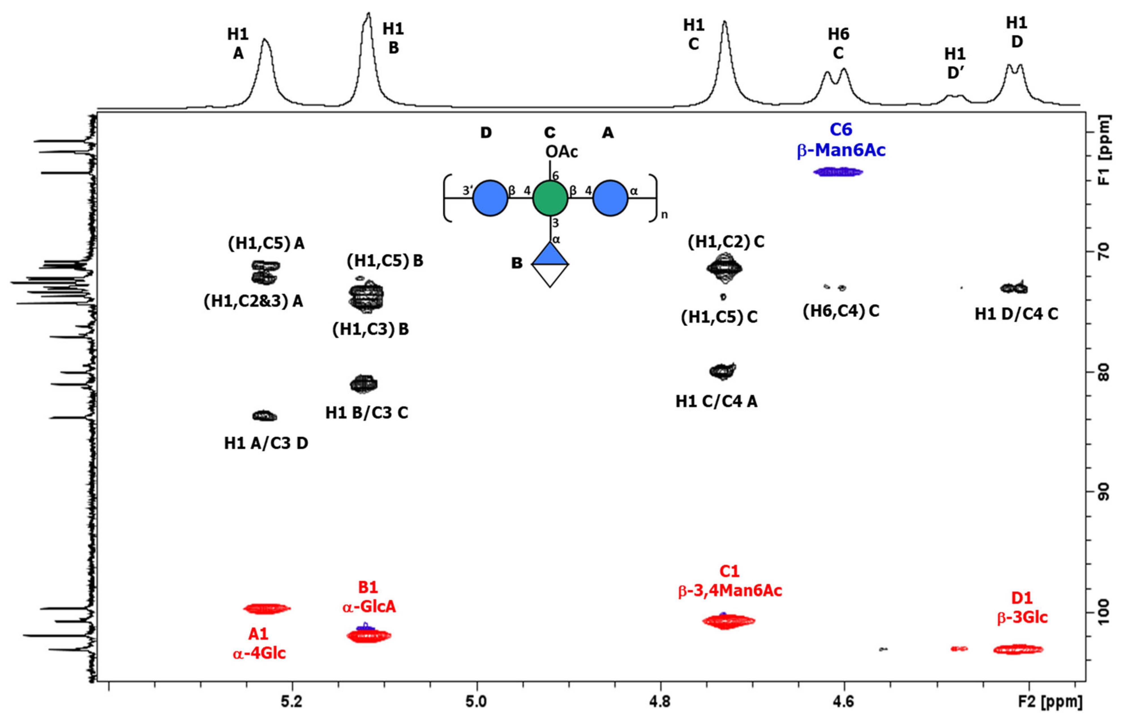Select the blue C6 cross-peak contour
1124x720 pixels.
(x=838, y=172)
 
